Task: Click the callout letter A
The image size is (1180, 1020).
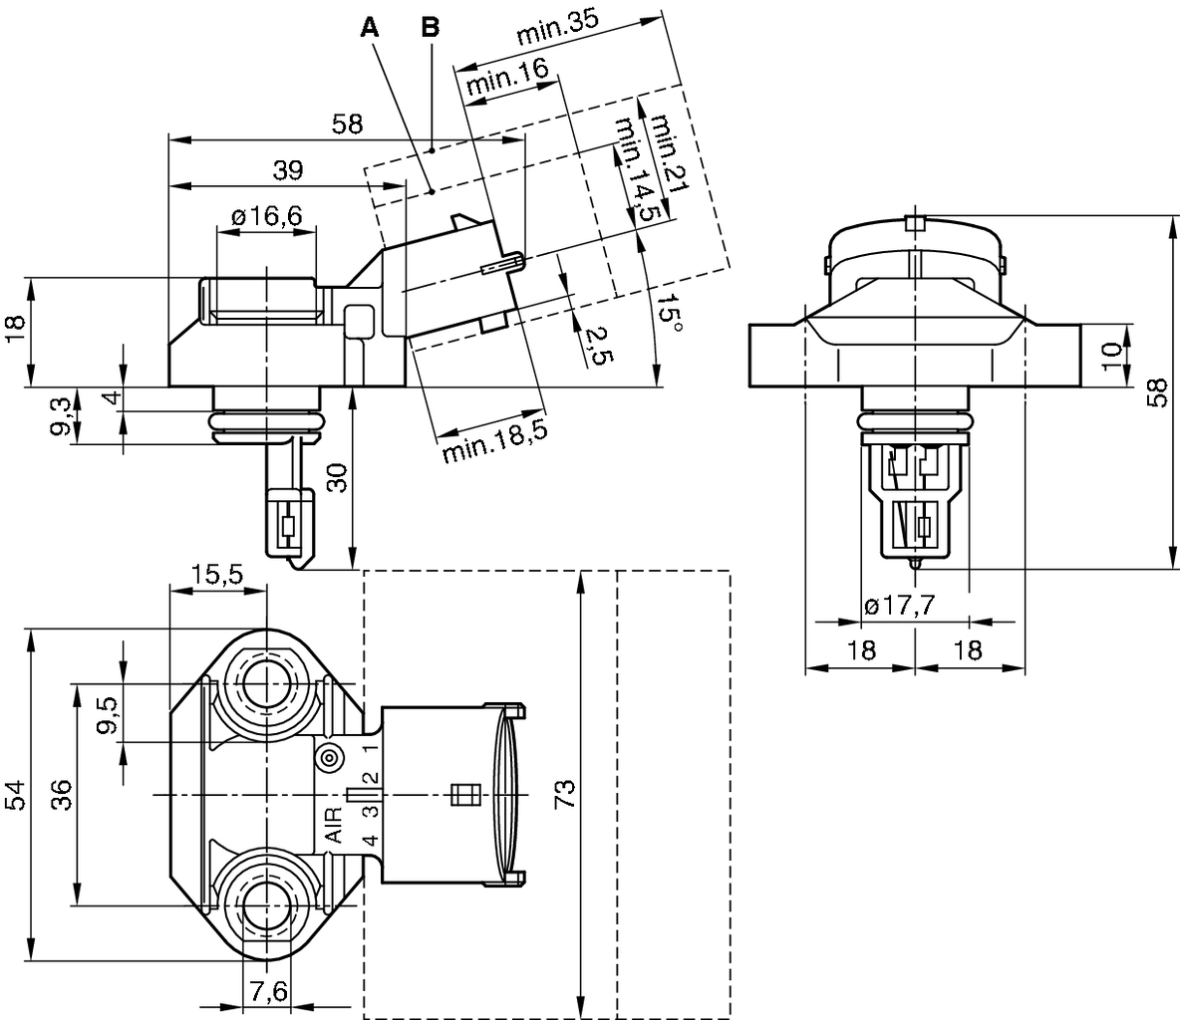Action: click(x=370, y=27)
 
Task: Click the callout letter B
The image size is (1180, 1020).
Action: click(x=430, y=27)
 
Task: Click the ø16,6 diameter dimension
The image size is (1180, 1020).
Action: click(x=266, y=216)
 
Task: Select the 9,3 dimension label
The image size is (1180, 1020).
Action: click(x=62, y=415)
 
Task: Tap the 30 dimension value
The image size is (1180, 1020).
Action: click(x=339, y=479)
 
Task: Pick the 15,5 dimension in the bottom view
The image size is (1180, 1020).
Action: click(x=217, y=575)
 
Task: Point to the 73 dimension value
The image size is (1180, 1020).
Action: click(x=565, y=794)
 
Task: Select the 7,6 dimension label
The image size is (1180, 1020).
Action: click(x=267, y=991)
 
